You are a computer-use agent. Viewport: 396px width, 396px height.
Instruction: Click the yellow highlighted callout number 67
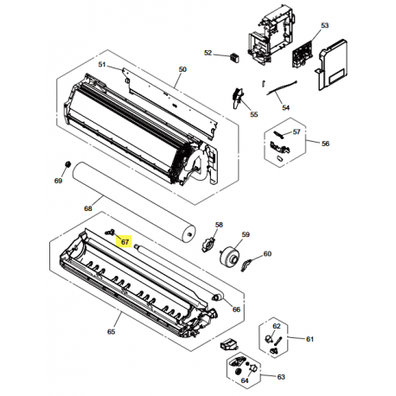click(124, 242)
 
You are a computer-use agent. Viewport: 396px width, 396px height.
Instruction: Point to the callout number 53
click(325, 27)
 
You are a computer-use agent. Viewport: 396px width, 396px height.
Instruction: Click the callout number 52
click(208, 54)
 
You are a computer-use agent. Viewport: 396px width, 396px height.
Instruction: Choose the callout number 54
click(286, 108)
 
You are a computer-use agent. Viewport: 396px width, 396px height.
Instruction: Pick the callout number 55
click(253, 114)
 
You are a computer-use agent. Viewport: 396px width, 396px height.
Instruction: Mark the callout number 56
click(326, 143)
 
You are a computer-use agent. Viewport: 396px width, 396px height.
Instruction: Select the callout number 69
click(59, 181)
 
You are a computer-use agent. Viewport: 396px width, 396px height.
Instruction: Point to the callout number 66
click(236, 309)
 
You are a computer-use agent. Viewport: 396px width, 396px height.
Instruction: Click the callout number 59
click(246, 234)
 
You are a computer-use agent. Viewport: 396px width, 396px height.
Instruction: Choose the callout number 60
click(267, 253)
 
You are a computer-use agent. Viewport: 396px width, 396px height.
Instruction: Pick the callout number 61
click(310, 340)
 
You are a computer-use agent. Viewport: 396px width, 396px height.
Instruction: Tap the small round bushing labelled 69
click(67, 164)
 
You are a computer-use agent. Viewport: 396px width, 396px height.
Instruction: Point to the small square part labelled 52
click(232, 57)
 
